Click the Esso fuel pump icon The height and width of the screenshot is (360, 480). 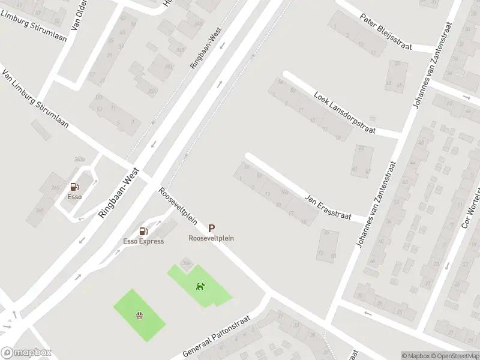pyautogui.click(x=75, y=187)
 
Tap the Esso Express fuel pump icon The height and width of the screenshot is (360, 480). pyautogui.click(x=143, y=231)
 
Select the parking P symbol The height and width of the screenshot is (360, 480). pyautogui.click(x=211, y=228)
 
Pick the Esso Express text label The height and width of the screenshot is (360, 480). pyautogui.click(x=143, y=241)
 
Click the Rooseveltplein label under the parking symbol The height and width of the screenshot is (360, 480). pyautogui.click(x=211, y=238)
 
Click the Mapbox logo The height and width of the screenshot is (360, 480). pyautogui.click(x=26, y=353)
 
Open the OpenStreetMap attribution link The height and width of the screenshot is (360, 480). pyautogui.click(x=452, y=356)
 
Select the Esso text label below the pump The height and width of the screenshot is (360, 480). pyautogui.click(x=75, y=196)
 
